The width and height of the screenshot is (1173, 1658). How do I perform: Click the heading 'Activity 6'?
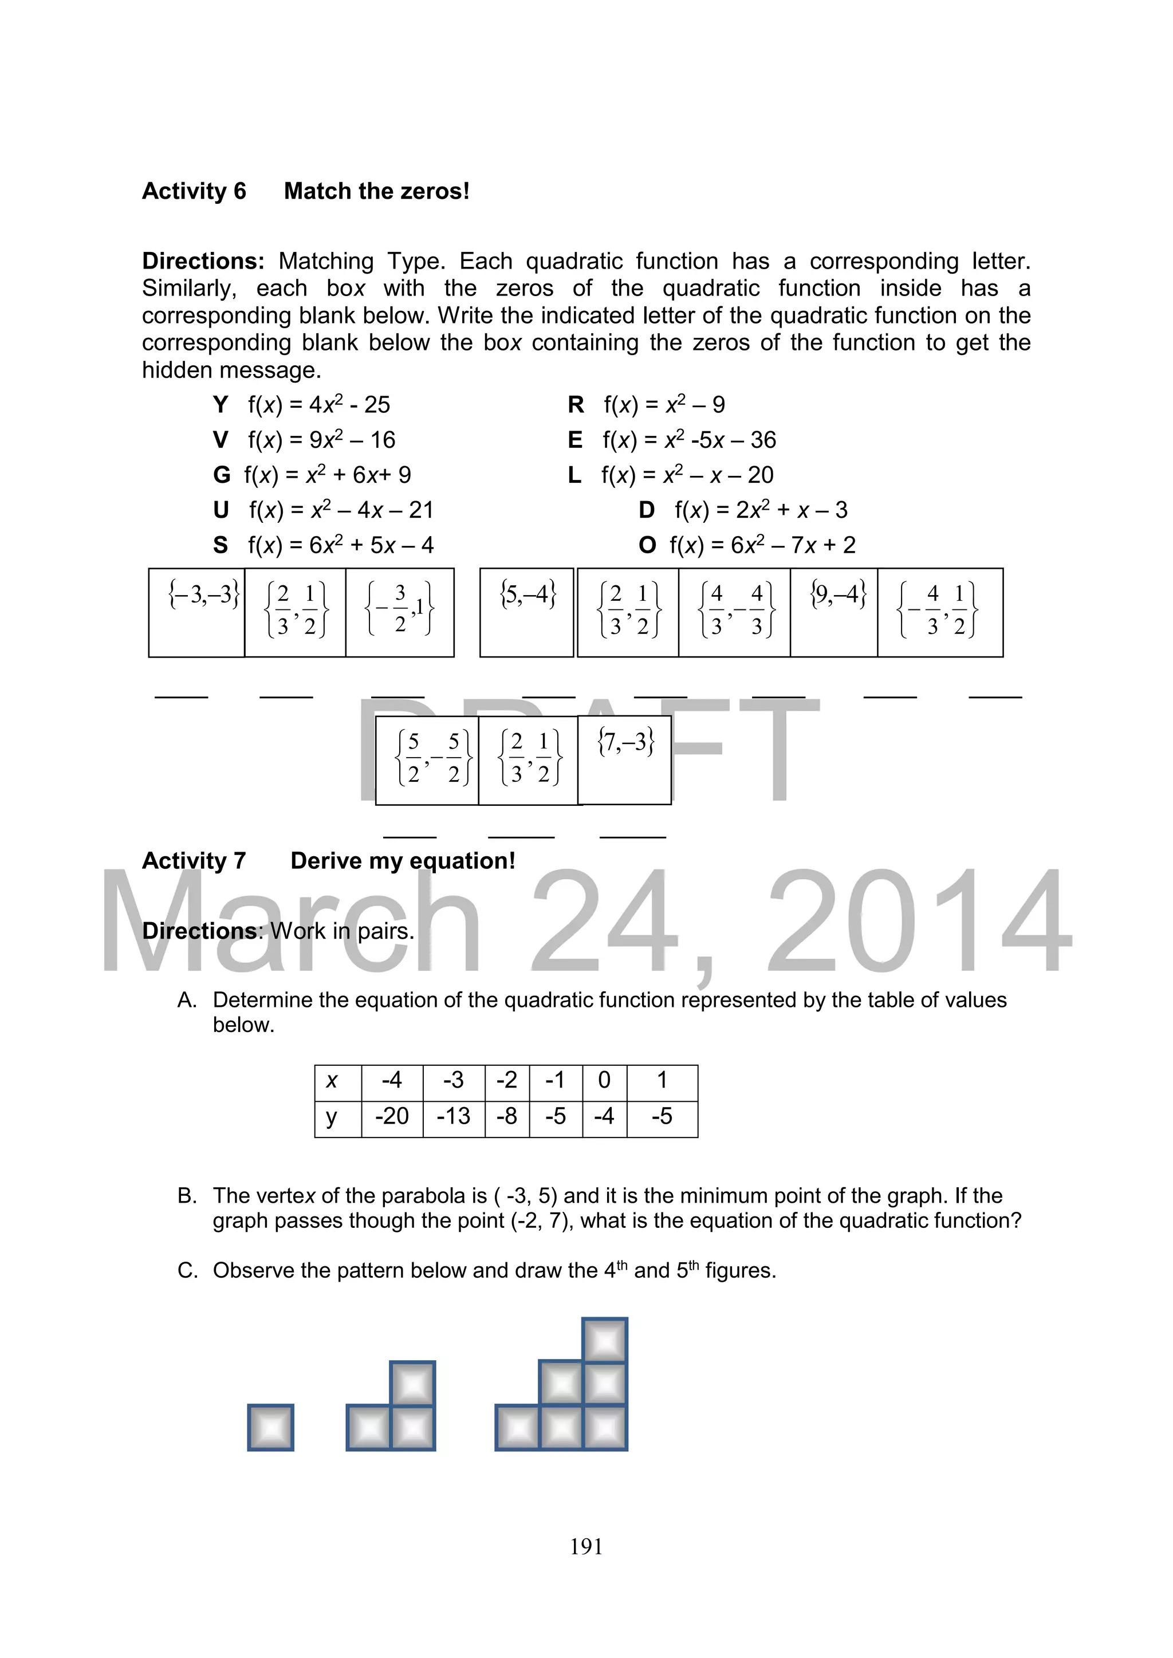(194, 191)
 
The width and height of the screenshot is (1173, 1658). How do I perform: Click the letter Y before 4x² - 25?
(221, 405)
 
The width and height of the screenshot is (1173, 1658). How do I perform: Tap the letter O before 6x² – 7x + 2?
(647, 545)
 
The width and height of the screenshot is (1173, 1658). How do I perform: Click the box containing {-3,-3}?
(196, 612)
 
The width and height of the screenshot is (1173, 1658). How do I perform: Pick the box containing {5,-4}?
(526, 612)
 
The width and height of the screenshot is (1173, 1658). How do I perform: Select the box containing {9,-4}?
(835, 612)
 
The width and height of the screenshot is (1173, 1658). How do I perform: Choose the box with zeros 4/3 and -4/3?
(735, 612)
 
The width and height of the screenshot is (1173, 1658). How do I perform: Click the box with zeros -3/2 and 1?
(399, 612)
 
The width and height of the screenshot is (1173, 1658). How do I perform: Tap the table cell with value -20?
(392, 1116)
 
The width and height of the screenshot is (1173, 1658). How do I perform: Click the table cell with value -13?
(454, 1116)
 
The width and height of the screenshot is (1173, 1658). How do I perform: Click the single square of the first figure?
(270, 1428)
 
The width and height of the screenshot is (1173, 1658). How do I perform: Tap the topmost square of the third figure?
(605, 1341)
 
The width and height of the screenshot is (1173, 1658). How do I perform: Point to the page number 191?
(586, 1546)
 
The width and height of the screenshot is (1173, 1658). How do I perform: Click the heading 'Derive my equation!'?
(402, 861)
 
